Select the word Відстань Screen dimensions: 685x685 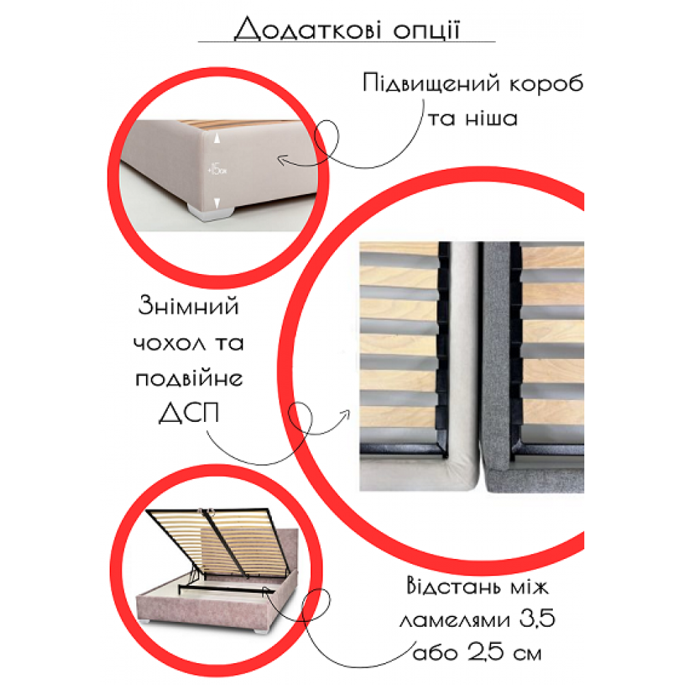[451, 586]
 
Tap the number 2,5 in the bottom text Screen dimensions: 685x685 [472, 653]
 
